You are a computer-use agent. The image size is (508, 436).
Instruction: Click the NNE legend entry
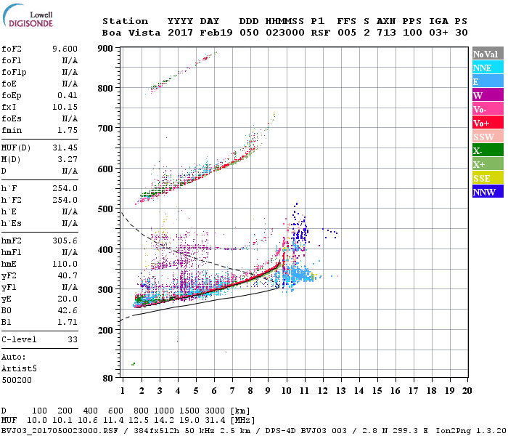pyautogui.click(x=482, y=68)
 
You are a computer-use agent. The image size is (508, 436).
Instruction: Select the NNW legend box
pyautogui.click(x=483, y=192)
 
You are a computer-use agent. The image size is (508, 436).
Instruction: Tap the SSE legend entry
pyautogui.click(x=483, y=178)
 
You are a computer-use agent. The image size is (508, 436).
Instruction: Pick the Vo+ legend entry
pyautogui.click(x=482, y=123)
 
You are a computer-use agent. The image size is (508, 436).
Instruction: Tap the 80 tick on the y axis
pyautogui.click(x=107, y=378)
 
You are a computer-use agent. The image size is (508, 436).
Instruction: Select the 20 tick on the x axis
pyautogui.click(x=467, y=390)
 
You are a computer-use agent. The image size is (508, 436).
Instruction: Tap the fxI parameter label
pyautogui.click(x=9, y=107)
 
